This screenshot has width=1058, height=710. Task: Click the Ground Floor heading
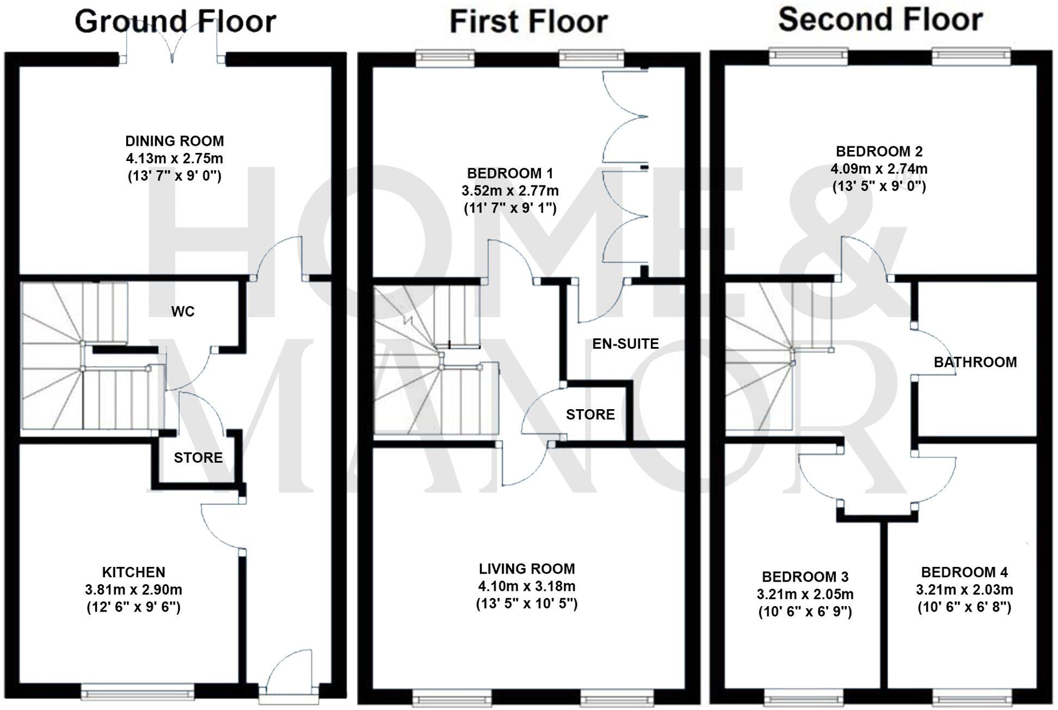click(175, 22)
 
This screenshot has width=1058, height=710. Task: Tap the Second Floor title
click(880, 20)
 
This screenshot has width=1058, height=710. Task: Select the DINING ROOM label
click(174, 141)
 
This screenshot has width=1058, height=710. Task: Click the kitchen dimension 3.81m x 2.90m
click(133, 590)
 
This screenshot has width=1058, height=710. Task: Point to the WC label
click(182, 311)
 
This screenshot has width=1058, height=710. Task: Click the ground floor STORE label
click(198, 458)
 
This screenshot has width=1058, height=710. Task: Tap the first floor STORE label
click(590, 415)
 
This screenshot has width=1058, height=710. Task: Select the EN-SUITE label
click(625, 344)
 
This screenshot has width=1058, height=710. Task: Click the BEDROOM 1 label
click(510, 174)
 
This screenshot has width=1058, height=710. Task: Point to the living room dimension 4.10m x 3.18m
click(526, 586)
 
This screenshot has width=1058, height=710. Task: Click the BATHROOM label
click(975, 362)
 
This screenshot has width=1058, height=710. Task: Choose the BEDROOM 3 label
click(805, 577)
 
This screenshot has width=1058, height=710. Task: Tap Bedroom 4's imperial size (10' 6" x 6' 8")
click(964, 607)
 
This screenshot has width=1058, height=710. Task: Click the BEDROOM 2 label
click(879, 151)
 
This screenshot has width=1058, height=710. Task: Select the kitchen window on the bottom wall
click(137, 694)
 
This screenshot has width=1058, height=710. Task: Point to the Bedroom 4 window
click(971, 697)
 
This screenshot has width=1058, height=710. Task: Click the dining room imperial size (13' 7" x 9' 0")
click(174, 176)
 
